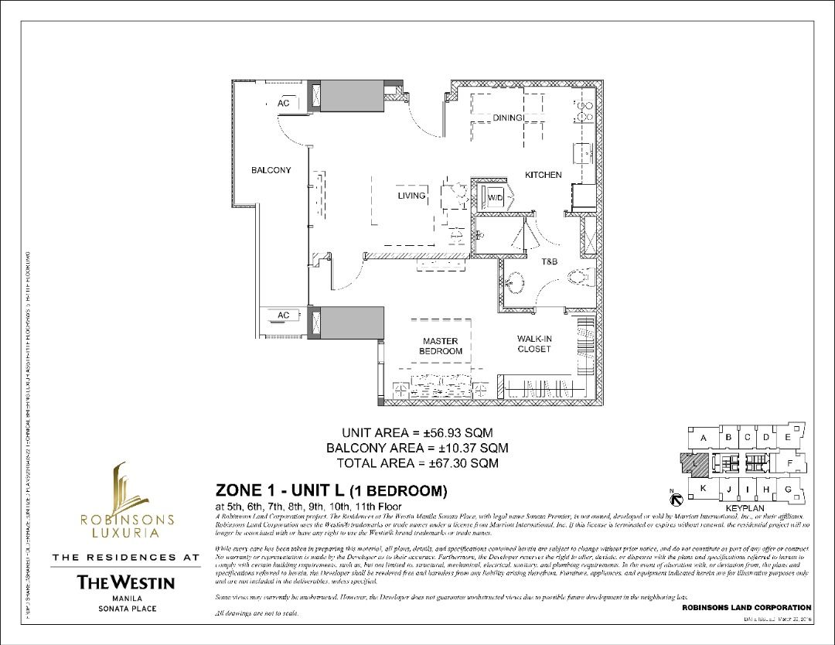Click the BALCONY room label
click(271, 170)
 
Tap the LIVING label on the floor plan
click(411, 196)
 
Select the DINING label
click(510, 118)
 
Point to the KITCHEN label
click(543, 176)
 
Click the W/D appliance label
click(495, 198)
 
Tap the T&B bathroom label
click(549, 262)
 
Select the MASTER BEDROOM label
click(440, 346)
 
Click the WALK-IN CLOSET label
click(533, 344)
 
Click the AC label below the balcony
click(283, 316)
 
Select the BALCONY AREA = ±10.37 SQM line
click(417, 448)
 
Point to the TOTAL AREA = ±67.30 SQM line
click(417, 463)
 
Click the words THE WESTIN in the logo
click(126, 582)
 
